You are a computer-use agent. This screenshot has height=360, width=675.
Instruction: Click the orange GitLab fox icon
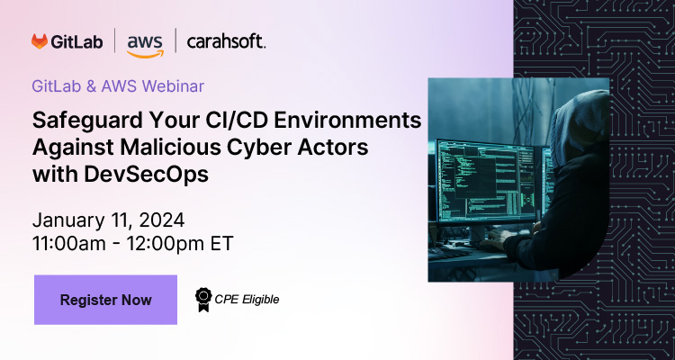[x=40, y=41]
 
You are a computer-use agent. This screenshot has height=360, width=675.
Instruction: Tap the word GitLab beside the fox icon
[x=77, y=41]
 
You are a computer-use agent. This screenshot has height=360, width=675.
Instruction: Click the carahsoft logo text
[x=225, y=41]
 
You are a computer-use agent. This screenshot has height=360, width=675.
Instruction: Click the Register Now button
[x=105, y=300]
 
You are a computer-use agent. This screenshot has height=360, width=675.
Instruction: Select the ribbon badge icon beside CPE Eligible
[x=203, y=299]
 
